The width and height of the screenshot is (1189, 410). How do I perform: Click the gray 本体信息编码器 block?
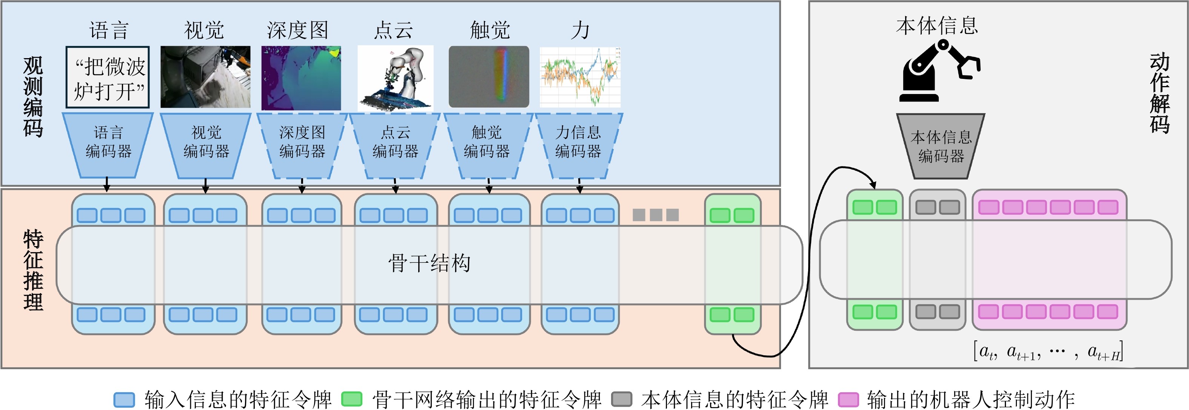[x=941, y=146]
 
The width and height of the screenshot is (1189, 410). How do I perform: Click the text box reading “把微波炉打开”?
[x=108, y=77]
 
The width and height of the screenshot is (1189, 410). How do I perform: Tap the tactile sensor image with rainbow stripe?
[x=489, y=77]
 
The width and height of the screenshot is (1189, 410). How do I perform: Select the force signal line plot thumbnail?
[x=580, y=77]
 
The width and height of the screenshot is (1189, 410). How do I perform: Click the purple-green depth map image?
[x=301, y=77]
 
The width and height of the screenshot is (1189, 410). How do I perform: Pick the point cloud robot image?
[x=396, y=77]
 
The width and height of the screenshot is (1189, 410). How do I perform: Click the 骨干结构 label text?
[x=429, y=264]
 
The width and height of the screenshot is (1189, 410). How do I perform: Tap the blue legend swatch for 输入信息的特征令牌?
[x=124, y=399]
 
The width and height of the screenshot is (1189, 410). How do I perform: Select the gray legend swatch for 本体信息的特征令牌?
[x=621, y=399]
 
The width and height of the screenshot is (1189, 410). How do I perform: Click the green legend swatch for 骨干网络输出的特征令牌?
[x=352, y=399]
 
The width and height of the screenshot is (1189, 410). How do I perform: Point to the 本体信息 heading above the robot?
[x=937, y=25]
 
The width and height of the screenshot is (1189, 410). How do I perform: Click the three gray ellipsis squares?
[x=655, y=215]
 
